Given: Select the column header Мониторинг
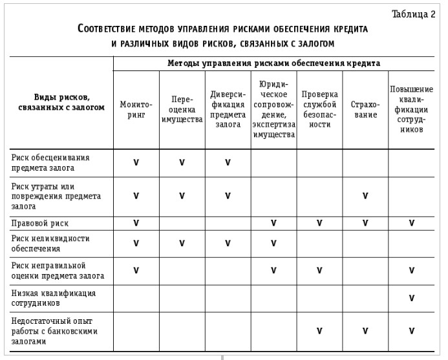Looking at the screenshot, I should click(x=136, y=109).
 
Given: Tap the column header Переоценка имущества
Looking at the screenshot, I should click(x=182, y=109).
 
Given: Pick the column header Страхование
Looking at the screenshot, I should click(x=365, y=109).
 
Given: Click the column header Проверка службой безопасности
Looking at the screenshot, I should click(x=319, y=109).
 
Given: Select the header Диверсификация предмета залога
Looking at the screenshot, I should click(x=228, y=109).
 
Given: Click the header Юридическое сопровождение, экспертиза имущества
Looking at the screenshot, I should click(x=273, y=109).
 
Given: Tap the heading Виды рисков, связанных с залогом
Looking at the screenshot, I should click(x=62, y=103).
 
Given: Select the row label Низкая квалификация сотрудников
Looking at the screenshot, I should click(x=54, y=297).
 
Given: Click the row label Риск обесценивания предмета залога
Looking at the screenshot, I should click(x=50, y=162).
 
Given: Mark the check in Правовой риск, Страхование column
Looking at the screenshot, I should click(x=365, y=223).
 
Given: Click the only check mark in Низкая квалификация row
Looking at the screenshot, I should click(x=411, y=298).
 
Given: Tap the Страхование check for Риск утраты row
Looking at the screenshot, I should click(x=365, y=196).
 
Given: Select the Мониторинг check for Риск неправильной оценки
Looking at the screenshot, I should click(x=136, y=270).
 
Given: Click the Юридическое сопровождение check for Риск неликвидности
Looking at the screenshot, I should click(x=273, y=243).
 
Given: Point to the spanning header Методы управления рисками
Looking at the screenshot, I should click(x=273, y=63).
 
